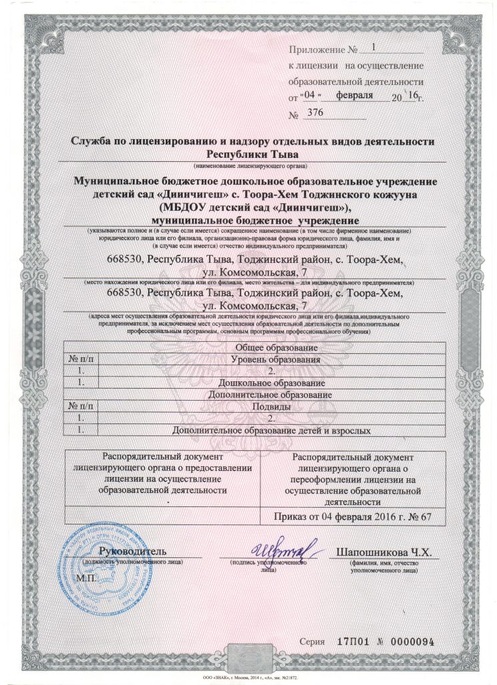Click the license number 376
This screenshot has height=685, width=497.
(x=313, y=114)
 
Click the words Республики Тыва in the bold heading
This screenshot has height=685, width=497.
(x=253, y=155)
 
